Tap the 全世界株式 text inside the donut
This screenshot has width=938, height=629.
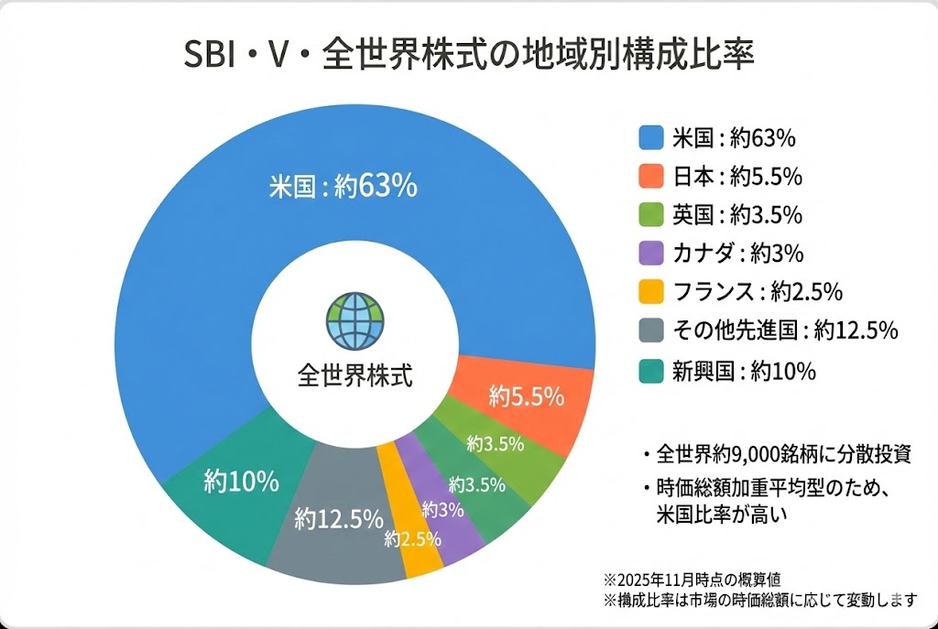tap(355, 375)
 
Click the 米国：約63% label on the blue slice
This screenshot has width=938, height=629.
tap(343, 186)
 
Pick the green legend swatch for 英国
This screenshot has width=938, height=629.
tap(650, 215)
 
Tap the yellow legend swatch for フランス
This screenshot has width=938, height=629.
tap(650, 293)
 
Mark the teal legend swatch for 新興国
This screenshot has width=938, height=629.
tap(650, 371)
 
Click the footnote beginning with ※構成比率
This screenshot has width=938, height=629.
tap(759, 600)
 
